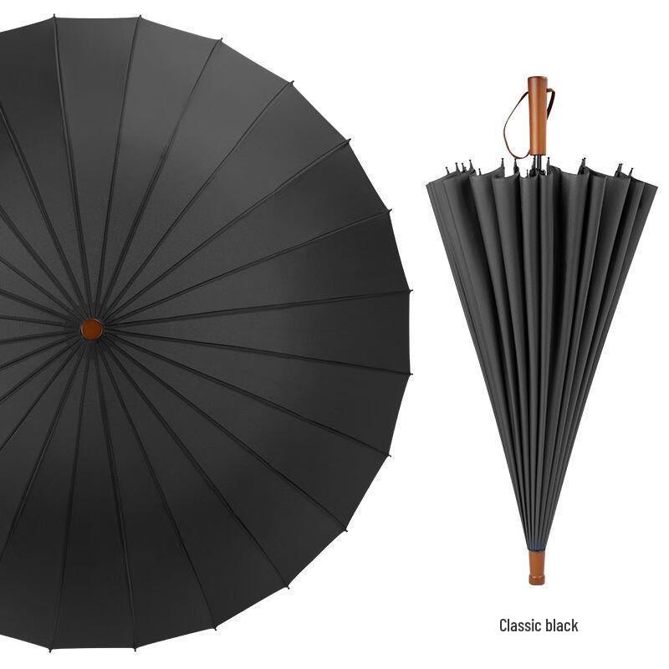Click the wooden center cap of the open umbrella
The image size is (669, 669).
pyautogui.click(x=92, y=329)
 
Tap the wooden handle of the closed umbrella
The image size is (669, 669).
pyautogui.click(x=537, y=116)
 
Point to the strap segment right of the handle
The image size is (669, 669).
pyautogui.click(x=550, y=100)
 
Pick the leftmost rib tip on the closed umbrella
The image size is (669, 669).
pyautogui.click(x=447, y=170)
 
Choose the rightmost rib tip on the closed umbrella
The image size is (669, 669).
pyautogui.click(x=631, y=172)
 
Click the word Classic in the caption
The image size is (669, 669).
pyautogui.click(x=517, y=626)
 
